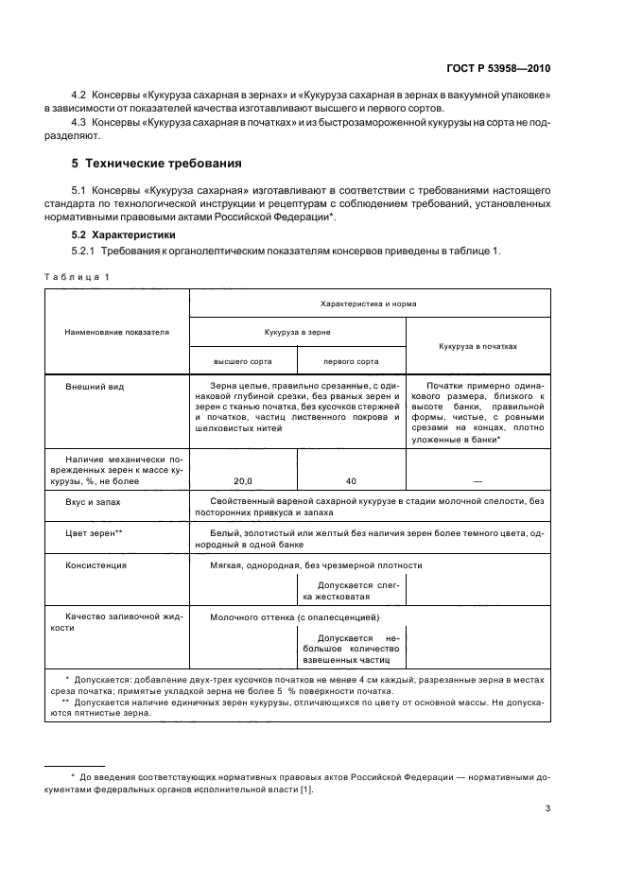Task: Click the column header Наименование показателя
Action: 116,333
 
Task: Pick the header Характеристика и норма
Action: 370,304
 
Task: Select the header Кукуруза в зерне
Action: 297,333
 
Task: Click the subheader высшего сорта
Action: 242,360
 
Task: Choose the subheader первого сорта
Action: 351,360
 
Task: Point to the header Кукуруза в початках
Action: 477,346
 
